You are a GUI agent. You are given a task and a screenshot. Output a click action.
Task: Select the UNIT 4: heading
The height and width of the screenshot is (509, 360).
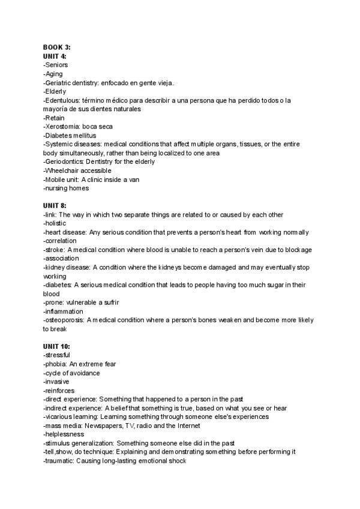click(x=55, y=56)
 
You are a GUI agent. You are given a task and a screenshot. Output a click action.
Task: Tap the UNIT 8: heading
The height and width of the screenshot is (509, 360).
click(x=55, y=206)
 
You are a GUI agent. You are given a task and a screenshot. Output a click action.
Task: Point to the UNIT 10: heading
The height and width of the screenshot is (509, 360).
click(x=56, y=347)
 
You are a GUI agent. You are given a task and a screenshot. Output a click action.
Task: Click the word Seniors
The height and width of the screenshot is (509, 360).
click(x=56, y=65)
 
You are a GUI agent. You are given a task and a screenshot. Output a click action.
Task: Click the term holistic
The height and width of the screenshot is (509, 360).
click(x=56, y=223)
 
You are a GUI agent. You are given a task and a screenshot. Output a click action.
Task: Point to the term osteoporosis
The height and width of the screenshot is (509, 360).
click(x=64, y=321)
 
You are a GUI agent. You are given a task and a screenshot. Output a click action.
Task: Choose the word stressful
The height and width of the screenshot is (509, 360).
click(x=57, y=355)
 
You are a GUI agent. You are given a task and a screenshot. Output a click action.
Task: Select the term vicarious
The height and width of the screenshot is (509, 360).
click(x=59, y=417)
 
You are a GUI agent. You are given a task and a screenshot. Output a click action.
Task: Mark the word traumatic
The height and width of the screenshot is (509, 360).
click(x=59, y=461)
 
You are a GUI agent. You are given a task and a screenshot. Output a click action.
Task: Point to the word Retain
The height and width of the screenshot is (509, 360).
click(x=55, y=118)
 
